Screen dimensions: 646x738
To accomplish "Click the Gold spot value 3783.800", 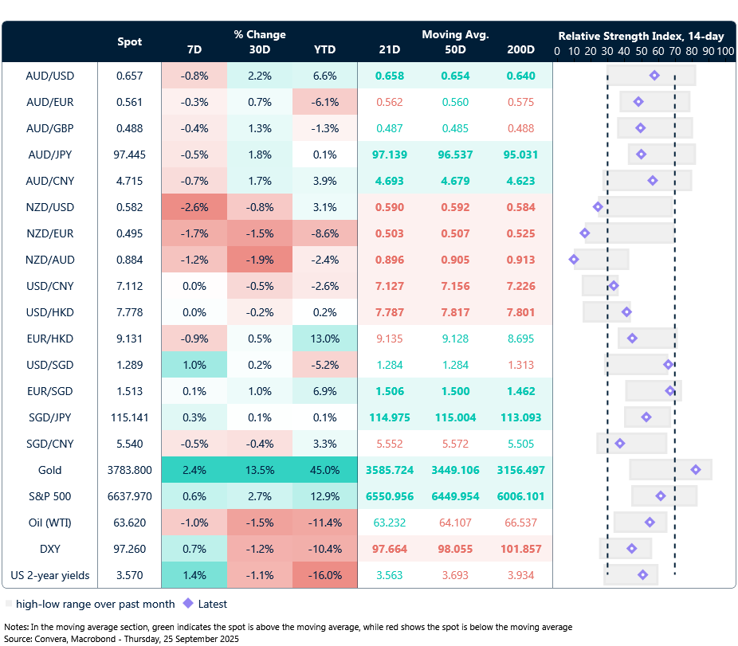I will pyautogui.click(x=130, y=470).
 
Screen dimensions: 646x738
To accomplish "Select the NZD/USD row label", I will pyautogui.click(x=49, y=207).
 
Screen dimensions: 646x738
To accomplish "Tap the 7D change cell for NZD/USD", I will pyautogui.click(x=194, y=207).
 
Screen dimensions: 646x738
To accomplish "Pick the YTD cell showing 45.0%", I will pyautogui.click(x=324, y=470).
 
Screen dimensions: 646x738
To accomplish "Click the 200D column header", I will pyautogui.click(x=520, y=49).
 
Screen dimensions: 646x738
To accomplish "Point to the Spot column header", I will pyautogui.click(x=130, y=41).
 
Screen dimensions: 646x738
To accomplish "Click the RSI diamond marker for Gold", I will pyautogui.click(x=696, y=470).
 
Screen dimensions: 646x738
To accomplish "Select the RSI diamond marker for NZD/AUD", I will pyautogui.click(x=574, y=260).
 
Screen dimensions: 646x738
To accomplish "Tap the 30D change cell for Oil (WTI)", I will pyautogui.click(x=259, y=523).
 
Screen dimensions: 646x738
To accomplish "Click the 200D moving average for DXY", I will pyautogui.click(x=520, y=549).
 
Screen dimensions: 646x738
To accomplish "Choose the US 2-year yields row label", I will pyautogui.click(x=49, y=575).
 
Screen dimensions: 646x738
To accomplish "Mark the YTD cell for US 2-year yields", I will pyautogui.click(x=324, y=575).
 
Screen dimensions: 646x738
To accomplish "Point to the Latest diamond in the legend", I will pyautogui.click(x=188, y=604).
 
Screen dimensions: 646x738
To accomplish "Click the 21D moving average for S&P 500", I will pyautogui.click(x=391, y=496).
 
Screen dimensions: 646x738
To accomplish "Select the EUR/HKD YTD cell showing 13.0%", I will pyautogui.click(x=324, y=339).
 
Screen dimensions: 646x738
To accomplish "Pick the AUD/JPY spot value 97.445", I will pyautogui.click(x=130, y=155).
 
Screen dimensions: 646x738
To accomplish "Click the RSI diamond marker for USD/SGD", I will pyautogui.click(x=668, y=365).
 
